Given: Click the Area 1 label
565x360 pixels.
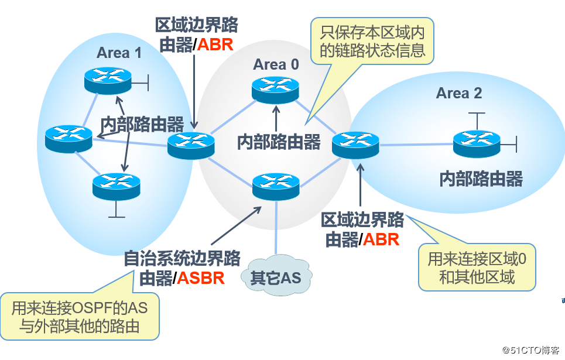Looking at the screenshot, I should [x=119, y=53].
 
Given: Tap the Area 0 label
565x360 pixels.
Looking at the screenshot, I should [x=276, y=64].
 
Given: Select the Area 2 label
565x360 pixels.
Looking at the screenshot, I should [x=460, y=93].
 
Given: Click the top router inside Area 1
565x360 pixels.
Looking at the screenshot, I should [x=107, y=80].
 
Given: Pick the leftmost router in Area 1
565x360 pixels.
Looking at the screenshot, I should [x=69, y=139].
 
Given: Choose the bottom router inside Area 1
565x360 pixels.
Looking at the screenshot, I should [x=117, y=186].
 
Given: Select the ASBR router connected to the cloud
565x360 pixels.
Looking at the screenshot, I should [x=276, y=185].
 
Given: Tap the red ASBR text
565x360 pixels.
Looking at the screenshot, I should [x=200, y=277].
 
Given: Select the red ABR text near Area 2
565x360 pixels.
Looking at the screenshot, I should [x=381, y=239].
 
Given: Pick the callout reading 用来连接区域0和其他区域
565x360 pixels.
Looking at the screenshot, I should [x=477, y=267].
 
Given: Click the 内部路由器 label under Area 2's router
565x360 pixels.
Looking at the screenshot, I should [x=481, y=179].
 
